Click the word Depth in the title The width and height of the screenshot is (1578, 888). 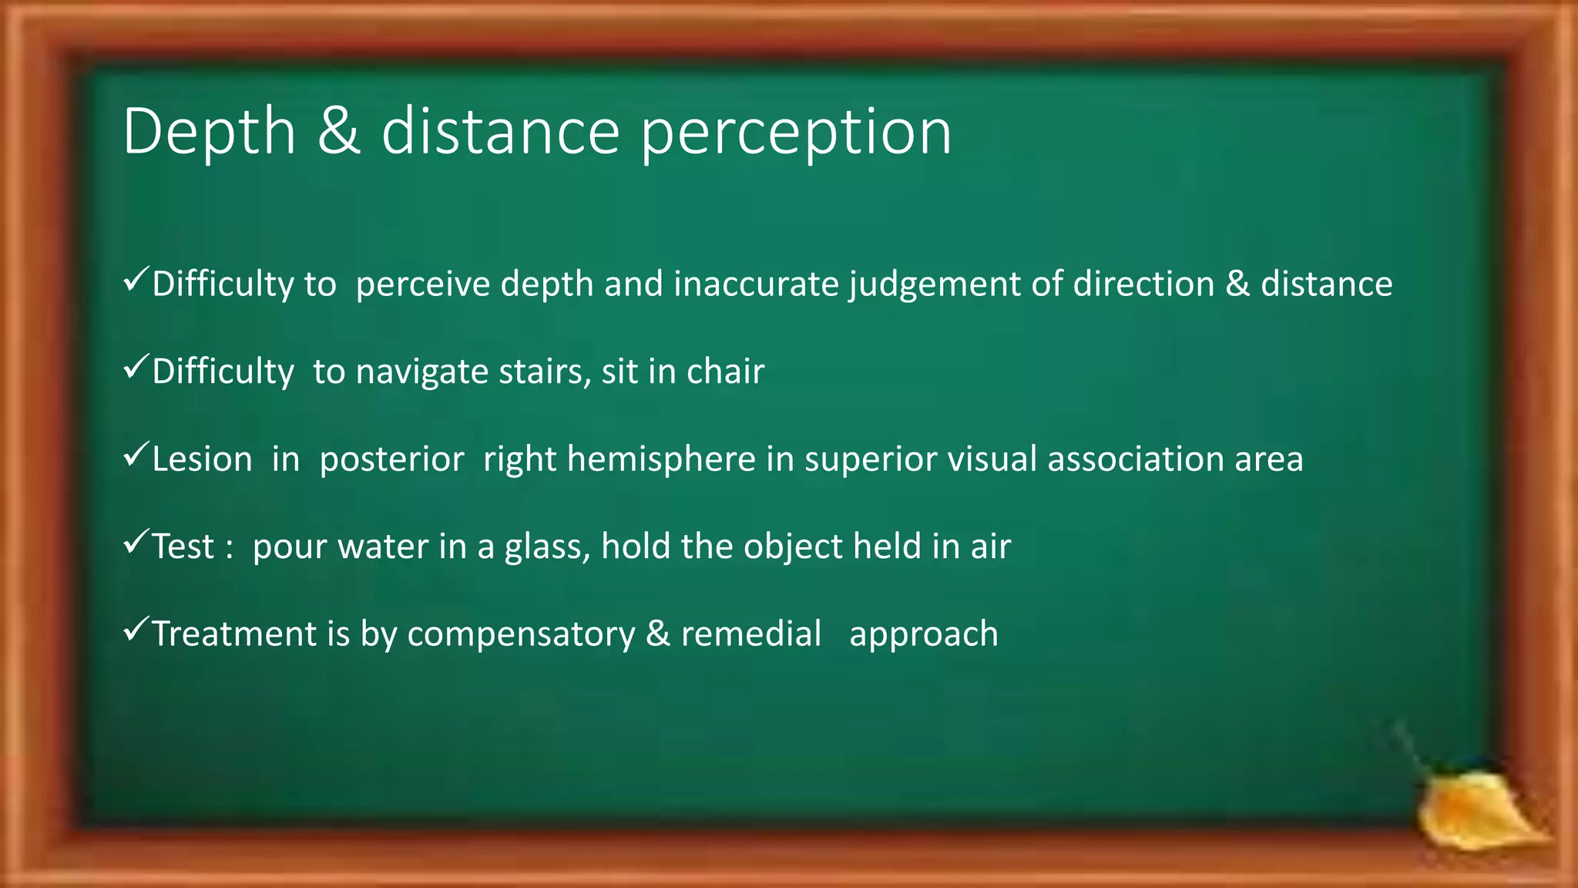coord(209,133)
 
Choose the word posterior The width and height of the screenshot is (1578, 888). coord(391,460)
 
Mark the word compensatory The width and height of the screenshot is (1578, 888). coord(521,635)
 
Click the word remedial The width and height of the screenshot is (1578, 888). coord(751,634)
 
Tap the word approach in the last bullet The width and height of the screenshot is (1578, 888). coord(923,635)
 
